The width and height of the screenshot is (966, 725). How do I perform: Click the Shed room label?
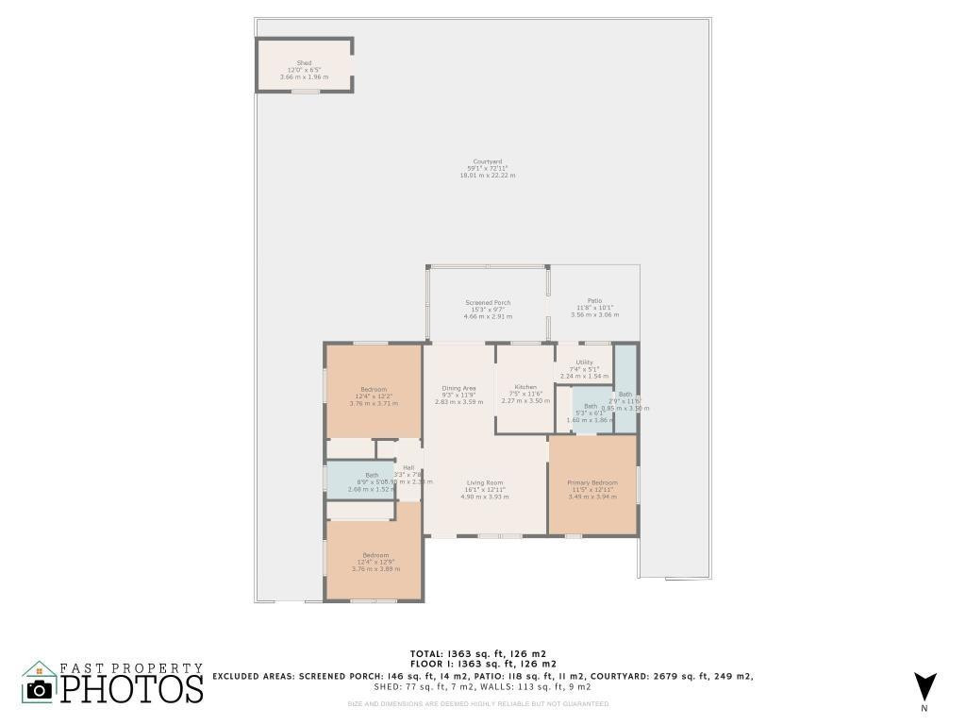304,63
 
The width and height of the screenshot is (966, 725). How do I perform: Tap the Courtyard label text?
487,161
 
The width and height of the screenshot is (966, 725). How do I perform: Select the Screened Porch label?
488,303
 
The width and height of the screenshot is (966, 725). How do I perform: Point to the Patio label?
594,300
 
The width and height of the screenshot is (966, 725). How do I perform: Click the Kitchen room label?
525,387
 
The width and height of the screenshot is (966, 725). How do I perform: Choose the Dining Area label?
458,388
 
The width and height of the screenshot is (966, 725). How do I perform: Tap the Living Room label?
485,482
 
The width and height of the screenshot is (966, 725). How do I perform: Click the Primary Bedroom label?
591,482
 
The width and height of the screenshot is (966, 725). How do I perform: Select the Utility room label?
585,362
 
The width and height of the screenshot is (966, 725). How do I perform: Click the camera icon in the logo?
40,688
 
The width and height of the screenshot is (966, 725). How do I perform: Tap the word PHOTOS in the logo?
132,689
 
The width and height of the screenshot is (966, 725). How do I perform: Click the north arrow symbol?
924,685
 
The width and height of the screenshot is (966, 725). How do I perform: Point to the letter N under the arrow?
924,708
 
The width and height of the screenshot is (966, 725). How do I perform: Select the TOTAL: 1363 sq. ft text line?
477,653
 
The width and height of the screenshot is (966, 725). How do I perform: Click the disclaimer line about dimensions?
477,703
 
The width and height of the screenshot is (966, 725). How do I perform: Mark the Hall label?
408,467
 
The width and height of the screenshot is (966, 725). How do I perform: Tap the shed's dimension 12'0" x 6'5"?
304,70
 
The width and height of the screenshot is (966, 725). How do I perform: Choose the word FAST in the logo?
83,668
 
